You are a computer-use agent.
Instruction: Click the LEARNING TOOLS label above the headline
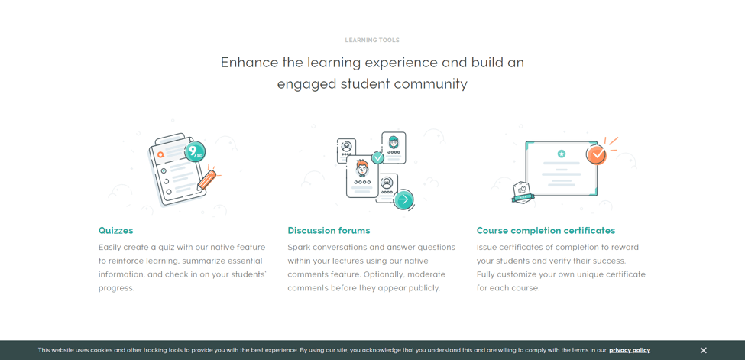coord(372,41)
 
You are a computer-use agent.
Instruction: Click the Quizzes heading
coord(116,231)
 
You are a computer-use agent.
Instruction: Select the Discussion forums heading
coord(329,231)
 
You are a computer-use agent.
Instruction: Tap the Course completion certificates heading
coord(546,231)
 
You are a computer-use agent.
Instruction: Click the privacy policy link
coord(630,351)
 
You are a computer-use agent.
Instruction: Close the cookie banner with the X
coord(703,351)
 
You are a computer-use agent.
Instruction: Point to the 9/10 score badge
coord(195,151)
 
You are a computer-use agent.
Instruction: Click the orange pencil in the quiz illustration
coord(206,180)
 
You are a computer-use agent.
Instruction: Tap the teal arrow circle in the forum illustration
coord(403,199)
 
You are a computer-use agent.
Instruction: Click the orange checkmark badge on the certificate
coord(596,154)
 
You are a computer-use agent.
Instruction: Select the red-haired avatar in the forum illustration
coord(362,168)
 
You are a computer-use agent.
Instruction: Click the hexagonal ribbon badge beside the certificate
coord(523,192)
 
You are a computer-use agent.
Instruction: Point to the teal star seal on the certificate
coord(562,154)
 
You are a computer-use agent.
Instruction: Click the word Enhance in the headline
coord(249,63)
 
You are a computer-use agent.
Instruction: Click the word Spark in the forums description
coord(298,248)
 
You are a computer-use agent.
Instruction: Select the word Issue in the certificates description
coord(487,248)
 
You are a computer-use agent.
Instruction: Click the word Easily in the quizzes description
coord(110,248)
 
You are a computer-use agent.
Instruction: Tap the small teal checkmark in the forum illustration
coord(377,158)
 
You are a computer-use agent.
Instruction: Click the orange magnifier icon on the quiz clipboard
coord(161,154)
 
